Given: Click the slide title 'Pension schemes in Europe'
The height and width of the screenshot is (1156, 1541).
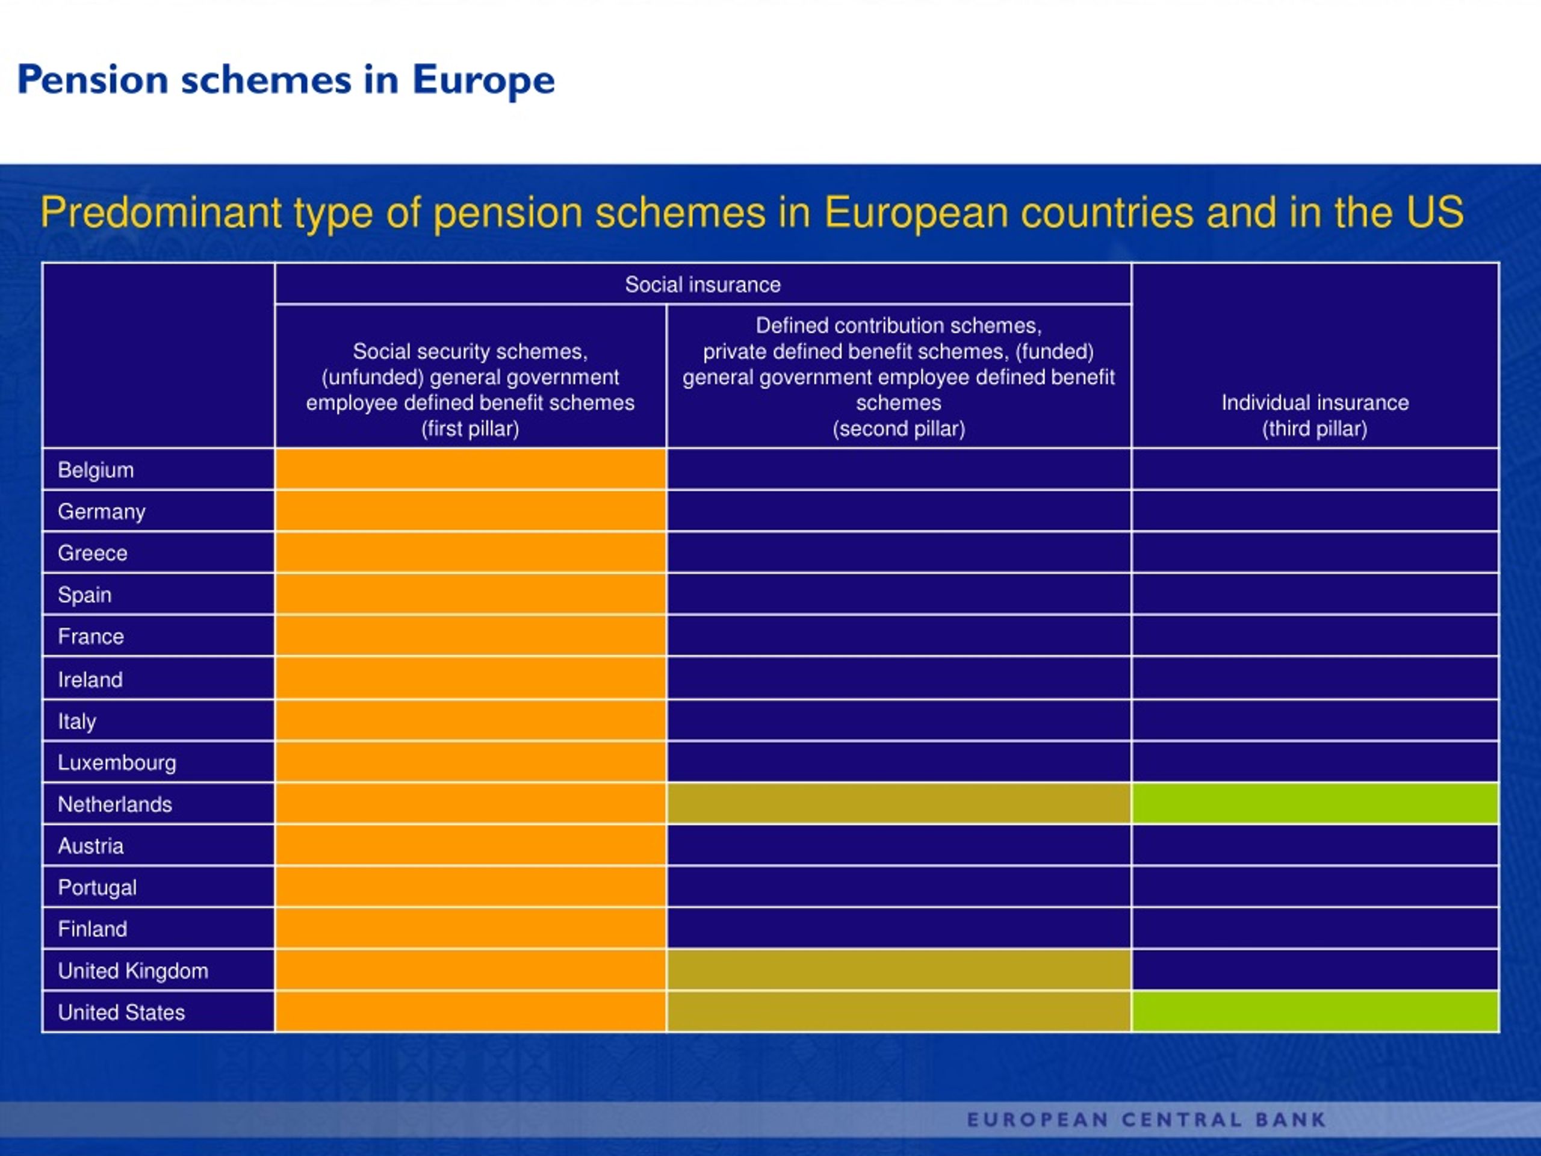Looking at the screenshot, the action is [286, 80].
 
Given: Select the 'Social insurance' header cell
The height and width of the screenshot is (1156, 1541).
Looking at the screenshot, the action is [703, 284].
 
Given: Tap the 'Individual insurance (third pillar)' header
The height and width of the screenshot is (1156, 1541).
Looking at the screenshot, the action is [1315, 415].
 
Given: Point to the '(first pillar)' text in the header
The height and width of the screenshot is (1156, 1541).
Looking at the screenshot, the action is [470, 429].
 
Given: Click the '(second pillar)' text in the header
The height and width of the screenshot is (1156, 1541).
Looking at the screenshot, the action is [899, 429].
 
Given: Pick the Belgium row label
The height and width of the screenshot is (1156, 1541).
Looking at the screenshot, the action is [96, 470].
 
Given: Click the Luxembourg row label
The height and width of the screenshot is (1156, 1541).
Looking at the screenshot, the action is [117, 763].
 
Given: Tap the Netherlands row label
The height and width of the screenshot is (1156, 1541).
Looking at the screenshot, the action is [115, 804].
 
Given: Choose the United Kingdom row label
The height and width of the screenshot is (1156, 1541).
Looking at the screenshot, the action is [133, 971].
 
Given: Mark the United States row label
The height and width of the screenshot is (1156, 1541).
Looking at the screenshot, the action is [121, 1013].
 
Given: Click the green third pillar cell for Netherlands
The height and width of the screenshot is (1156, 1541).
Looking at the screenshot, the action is [1315, 803].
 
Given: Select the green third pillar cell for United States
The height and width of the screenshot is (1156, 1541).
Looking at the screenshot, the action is [1315, 1011].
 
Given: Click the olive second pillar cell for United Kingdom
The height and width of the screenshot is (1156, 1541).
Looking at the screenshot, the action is [899, 970].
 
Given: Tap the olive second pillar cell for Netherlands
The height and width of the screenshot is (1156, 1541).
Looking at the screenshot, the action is [899, 803].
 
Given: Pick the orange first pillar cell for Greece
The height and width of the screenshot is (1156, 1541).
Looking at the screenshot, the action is [470, 553].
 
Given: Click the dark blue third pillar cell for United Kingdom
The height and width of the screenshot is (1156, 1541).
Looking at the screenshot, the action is [1315, 970].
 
